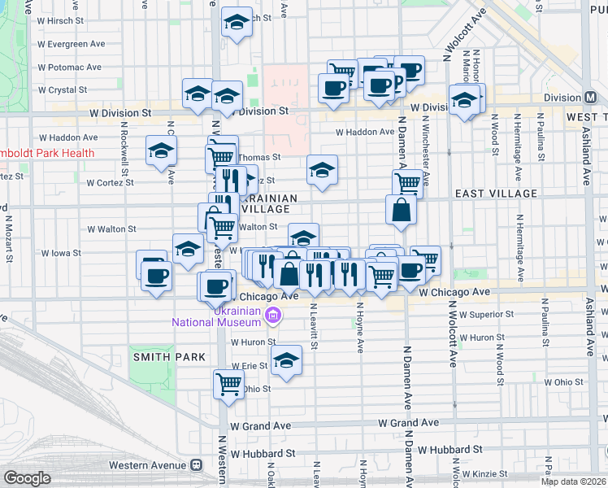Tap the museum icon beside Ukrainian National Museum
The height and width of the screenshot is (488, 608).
click(274, 316)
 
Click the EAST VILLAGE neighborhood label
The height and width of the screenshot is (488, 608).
click(496, 194)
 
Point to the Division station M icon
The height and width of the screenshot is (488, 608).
click(591, 97)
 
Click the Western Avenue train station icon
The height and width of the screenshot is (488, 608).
click(196, 464)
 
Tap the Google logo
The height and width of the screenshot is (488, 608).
click(27, 477)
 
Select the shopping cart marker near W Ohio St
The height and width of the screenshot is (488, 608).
click(229, 382)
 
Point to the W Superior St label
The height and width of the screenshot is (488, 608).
click(486, 314)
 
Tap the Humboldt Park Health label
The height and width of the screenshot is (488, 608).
click(47, 153)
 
